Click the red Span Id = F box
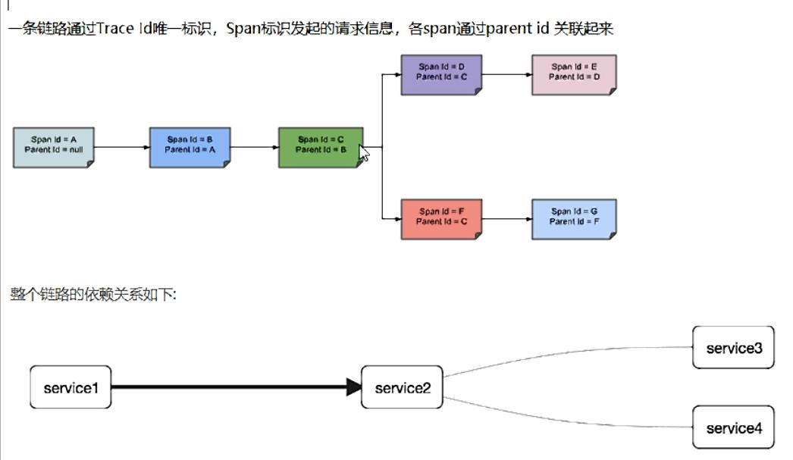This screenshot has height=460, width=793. (x=441, y=218)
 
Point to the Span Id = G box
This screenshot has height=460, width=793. (x=574, y=218)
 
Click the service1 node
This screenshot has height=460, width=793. (x=71, y=388)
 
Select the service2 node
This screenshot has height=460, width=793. (x=402, y=388)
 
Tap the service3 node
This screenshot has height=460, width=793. (x=733, y=348)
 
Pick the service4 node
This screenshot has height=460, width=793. (x=733, y=428)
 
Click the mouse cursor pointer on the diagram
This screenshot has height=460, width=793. (x=364, y=154)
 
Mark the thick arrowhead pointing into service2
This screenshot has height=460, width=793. (x=354, y=388)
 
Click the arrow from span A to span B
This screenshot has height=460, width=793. (x=121, y=147)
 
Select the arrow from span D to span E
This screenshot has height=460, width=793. (x=506, y=74)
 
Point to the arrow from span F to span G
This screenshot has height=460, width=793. (x=506, y=218)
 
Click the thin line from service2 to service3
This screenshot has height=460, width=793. (x=569, y=354)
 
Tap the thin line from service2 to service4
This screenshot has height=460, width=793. (x=569, y=421)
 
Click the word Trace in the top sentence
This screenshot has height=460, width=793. (x=116, y=30)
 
